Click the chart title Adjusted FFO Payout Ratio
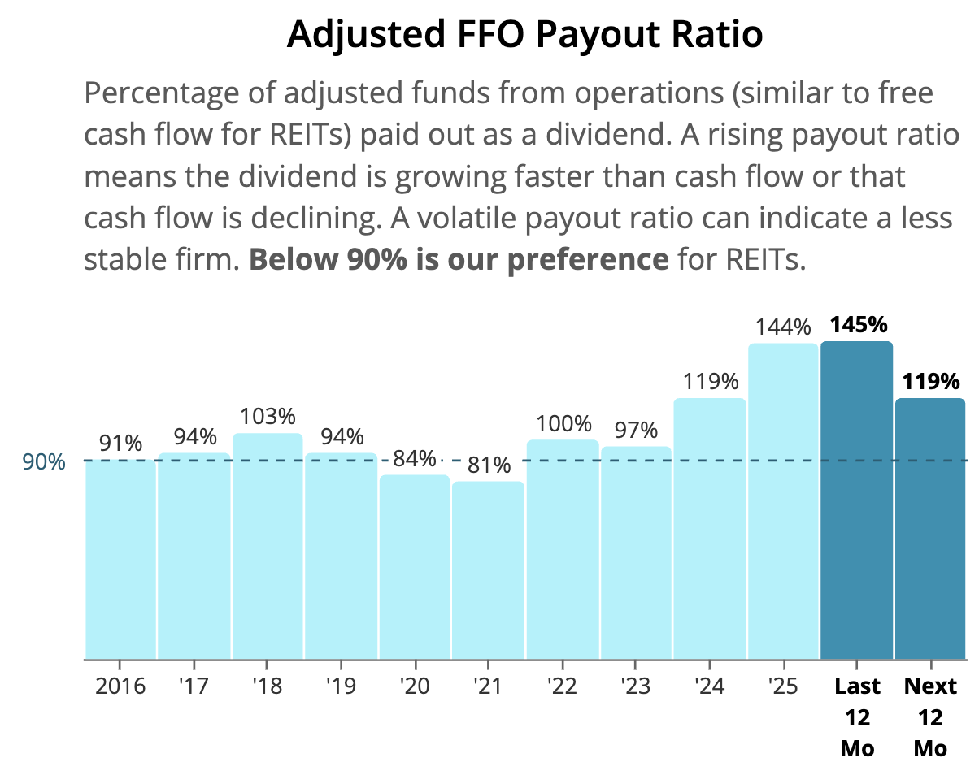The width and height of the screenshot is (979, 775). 524,34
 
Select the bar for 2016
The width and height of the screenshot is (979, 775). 120,559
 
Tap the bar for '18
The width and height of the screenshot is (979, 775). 268,546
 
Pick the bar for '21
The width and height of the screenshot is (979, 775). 488,570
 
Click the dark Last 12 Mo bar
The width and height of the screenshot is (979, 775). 857,500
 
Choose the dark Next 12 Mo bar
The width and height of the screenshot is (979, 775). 930,529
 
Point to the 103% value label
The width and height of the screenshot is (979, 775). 268,417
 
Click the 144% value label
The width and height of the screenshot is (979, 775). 783,327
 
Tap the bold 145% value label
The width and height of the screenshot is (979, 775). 859,325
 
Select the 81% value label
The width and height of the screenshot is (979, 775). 489,465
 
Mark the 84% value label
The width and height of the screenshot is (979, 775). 415,458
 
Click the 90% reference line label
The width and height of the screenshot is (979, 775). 44,461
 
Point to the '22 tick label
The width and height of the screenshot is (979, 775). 562,686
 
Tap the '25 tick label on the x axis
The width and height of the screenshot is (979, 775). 783,686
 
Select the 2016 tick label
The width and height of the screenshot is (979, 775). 120,686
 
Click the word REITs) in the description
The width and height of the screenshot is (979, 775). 311,135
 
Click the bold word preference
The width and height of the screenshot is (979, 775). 588,261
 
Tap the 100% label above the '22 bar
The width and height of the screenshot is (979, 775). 563,423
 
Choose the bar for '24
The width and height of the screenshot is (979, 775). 709,529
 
